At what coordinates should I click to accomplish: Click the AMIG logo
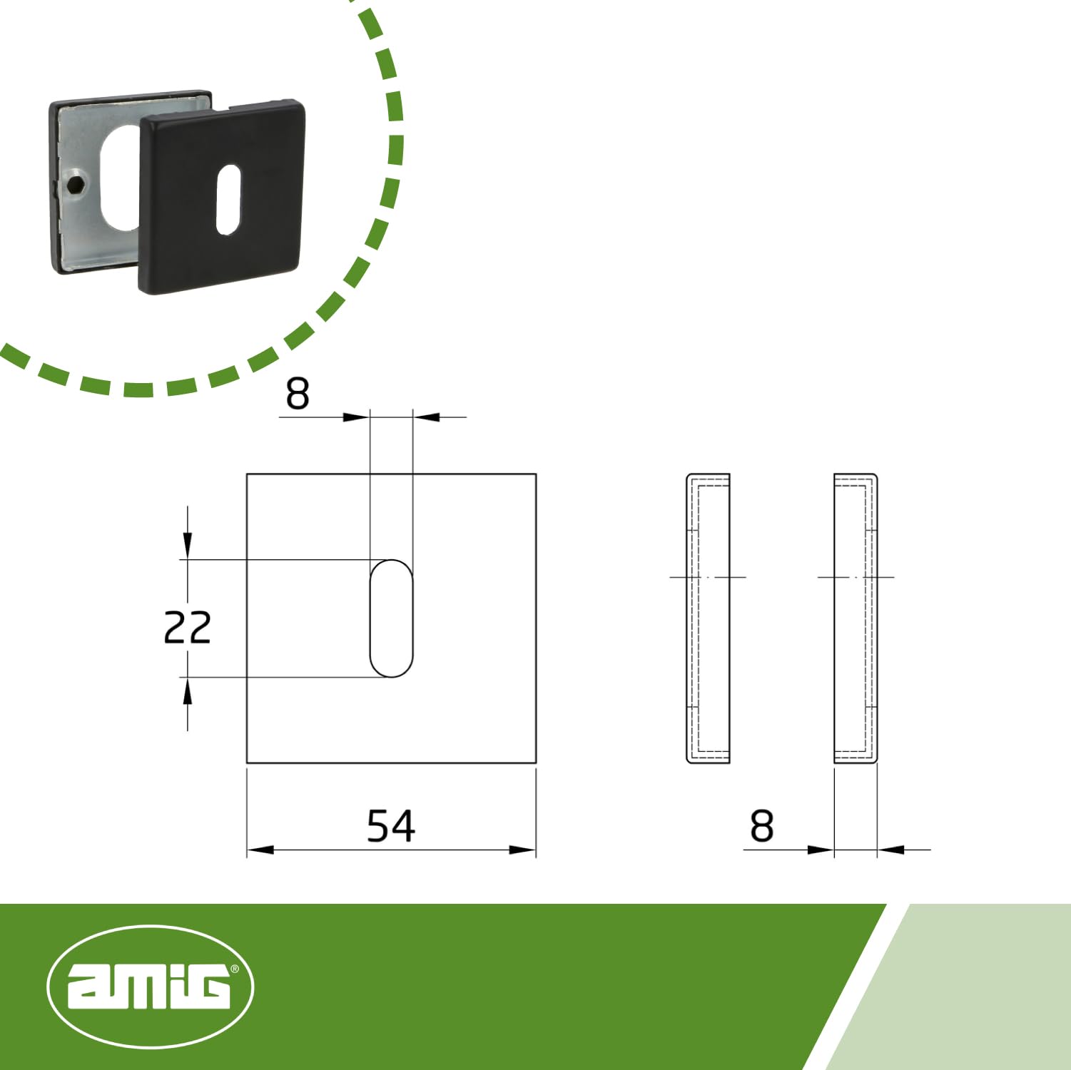(150, 987)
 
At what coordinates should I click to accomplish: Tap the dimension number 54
(390, 826)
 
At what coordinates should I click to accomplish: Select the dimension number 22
(187, 628)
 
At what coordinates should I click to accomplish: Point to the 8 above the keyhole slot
(298, 394)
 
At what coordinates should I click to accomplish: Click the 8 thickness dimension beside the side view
(762, 826)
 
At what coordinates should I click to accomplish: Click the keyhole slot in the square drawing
(391, 618)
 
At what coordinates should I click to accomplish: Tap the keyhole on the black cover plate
(228, 199)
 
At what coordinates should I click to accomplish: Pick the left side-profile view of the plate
(708, 618)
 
